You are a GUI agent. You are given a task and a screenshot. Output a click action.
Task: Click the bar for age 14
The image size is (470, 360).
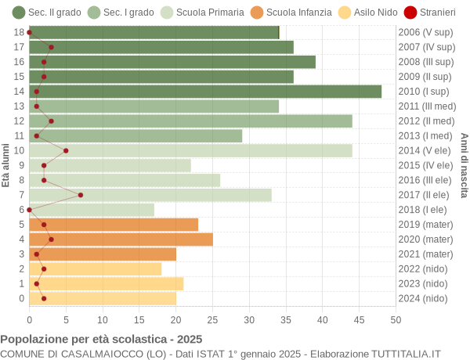[x=205, y=92]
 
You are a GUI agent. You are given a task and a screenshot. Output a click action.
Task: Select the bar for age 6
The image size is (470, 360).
[x=92, y=210]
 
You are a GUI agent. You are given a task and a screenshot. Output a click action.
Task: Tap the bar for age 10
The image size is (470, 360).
[x=190, y=150]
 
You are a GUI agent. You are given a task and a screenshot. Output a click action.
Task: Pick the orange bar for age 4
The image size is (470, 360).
[x=121, y=239]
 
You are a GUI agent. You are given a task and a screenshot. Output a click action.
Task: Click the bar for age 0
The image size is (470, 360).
[x=103, y=298]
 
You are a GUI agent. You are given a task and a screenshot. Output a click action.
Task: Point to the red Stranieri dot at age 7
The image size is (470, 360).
[x=81, y=195]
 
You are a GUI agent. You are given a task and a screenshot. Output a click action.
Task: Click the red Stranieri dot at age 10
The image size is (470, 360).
[x=66, y=150]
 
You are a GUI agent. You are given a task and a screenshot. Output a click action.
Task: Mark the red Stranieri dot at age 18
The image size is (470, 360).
[x=30, y=32]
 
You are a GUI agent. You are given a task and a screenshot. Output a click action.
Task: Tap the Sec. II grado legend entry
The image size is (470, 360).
[x=47, y=13]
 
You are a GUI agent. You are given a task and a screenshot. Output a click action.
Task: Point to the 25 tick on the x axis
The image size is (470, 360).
[x=212, y=319]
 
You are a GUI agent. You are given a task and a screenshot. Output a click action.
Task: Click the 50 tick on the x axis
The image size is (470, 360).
[x=396, y=319]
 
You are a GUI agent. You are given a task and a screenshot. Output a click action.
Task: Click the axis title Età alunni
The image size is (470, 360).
[x=6, y=165]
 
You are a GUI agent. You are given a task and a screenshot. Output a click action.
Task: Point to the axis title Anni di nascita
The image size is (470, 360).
[x=464, y=165]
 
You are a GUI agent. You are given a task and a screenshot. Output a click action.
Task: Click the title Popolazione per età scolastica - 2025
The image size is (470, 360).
[x=101, y=340]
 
